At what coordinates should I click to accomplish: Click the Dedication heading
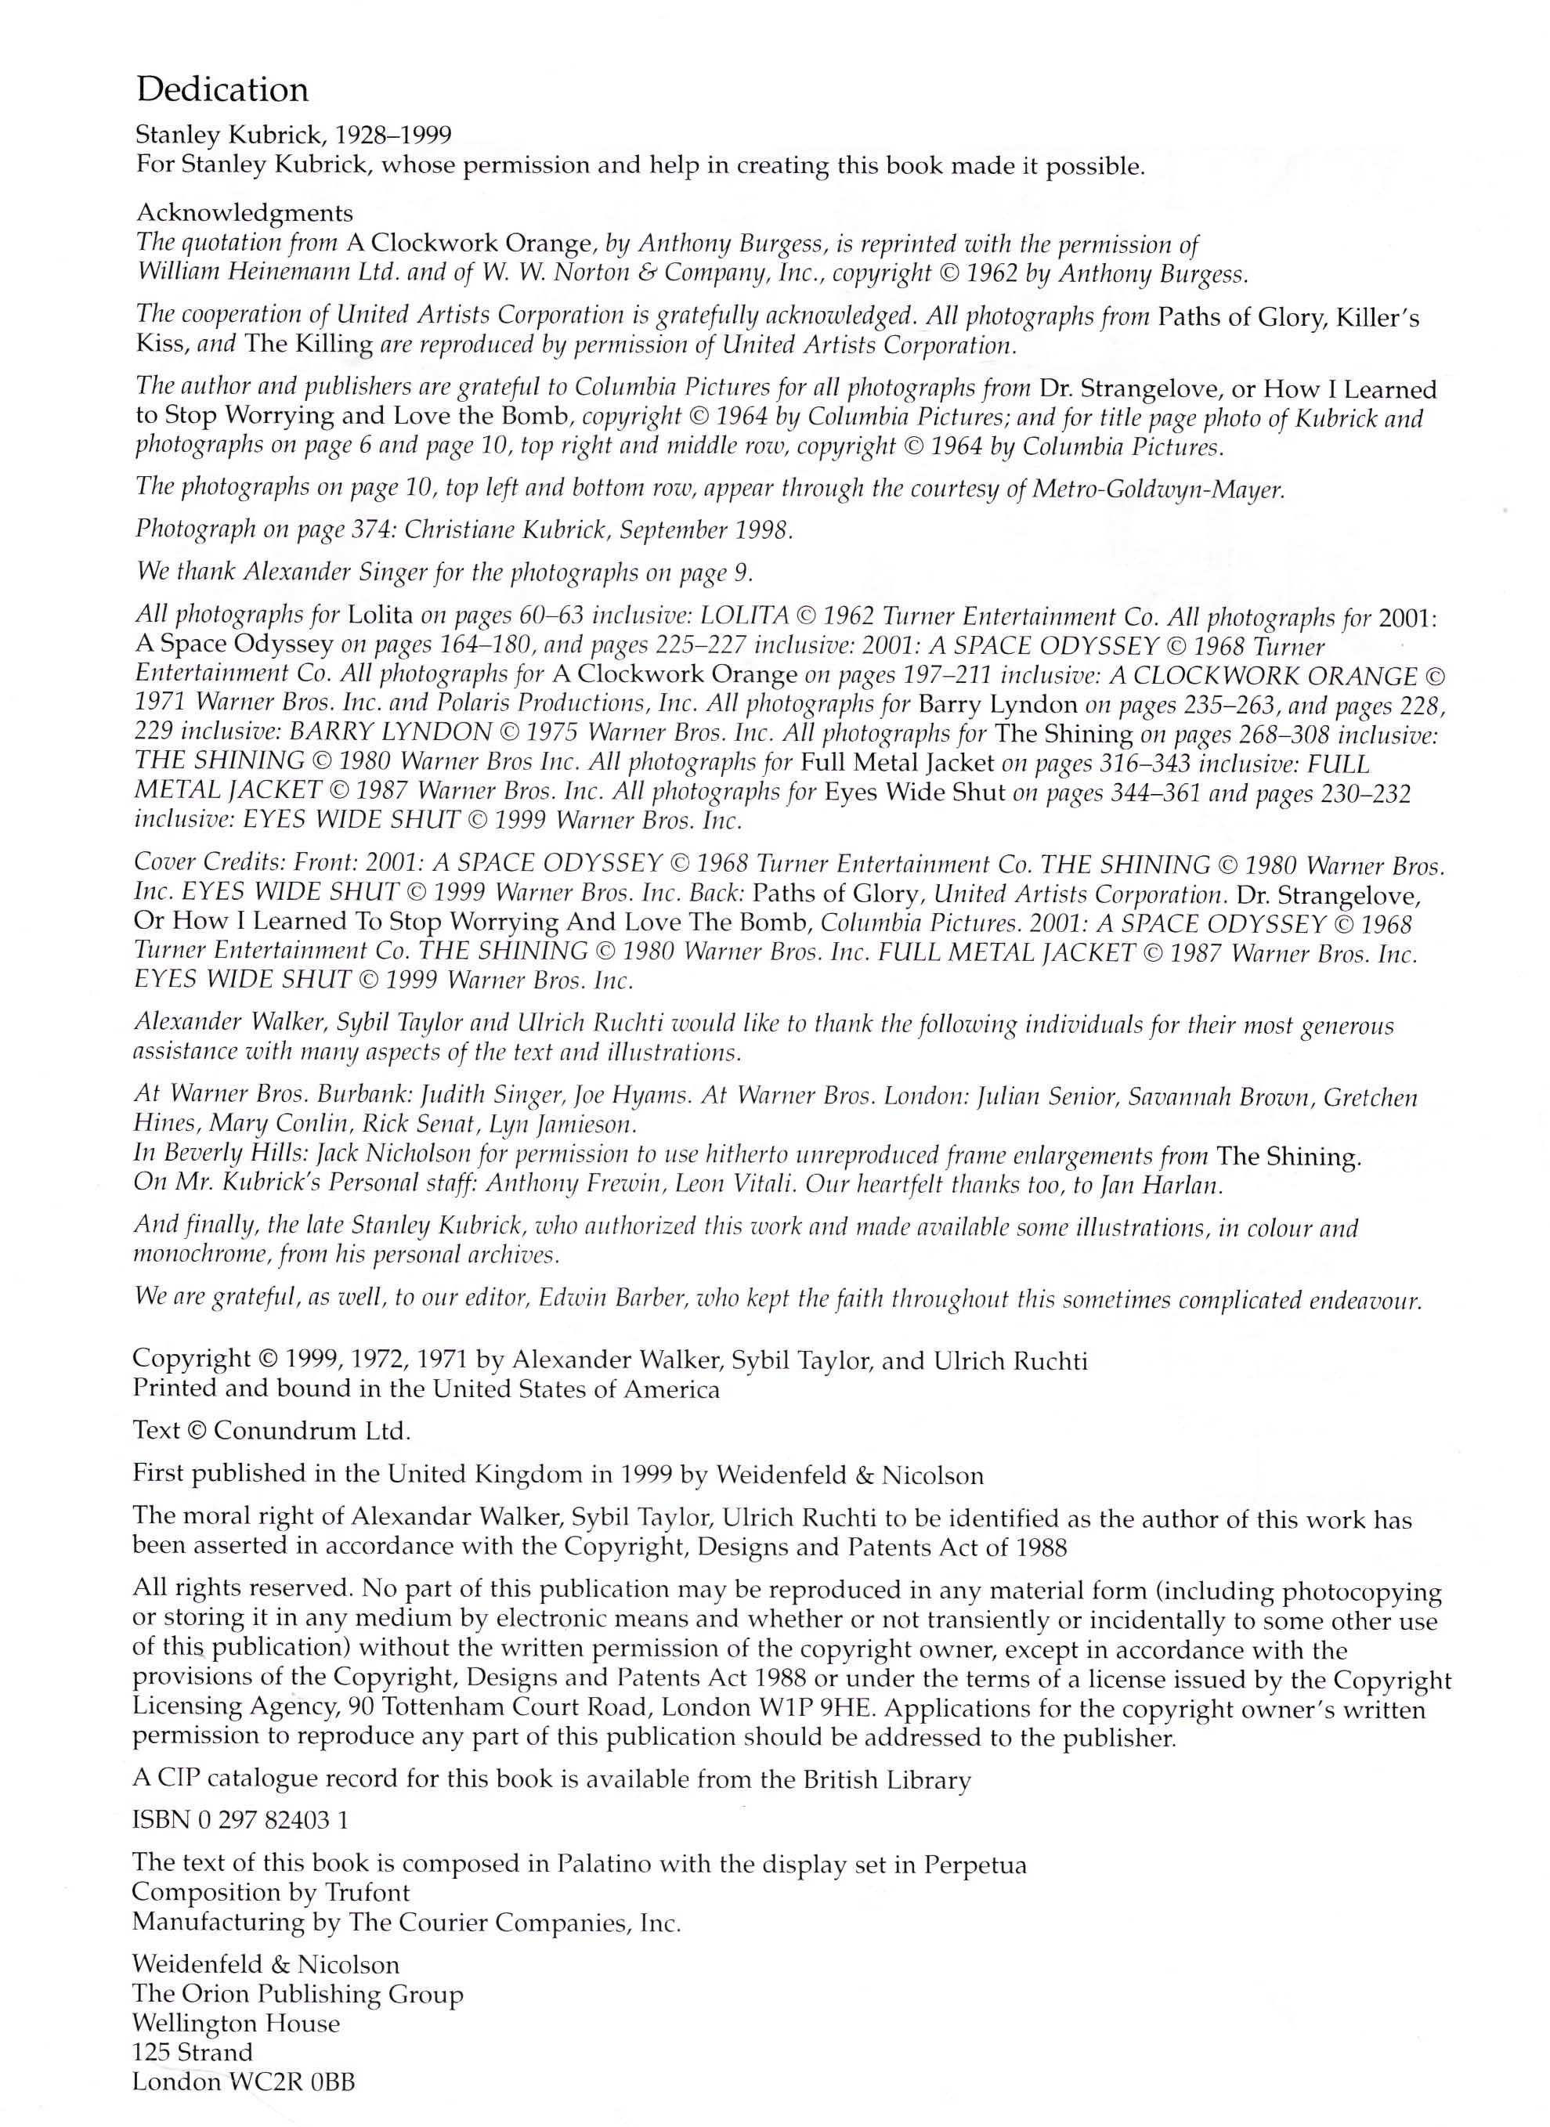click(x=222, y=90)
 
